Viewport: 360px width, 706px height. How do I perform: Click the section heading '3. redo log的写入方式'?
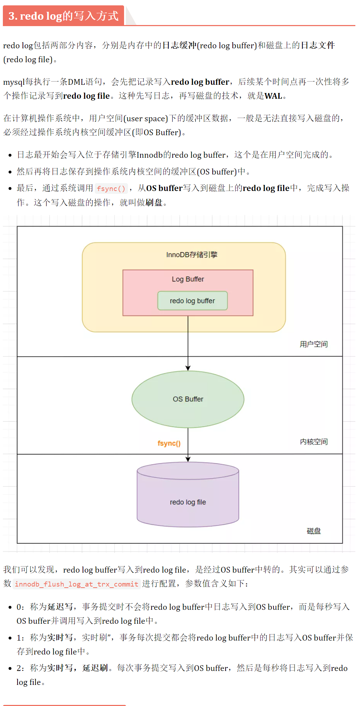[x=63, y=16]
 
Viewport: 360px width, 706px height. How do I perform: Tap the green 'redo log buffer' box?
[x=192, y=301]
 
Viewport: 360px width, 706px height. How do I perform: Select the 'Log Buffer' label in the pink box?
[x=188, y=279]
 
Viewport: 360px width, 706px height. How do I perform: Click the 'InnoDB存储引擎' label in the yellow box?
[x=192, y=255]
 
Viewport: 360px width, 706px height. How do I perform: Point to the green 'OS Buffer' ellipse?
[x=188, y=399]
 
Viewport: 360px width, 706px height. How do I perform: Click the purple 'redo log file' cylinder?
[x=188, y=502]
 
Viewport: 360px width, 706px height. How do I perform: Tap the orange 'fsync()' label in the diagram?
[x=169, y=443]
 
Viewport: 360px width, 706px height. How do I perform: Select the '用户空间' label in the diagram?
[x=314, y=344]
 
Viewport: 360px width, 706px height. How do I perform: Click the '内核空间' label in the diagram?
[x=314, y=442]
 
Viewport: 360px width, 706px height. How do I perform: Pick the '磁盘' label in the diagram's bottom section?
[x=314, y=531]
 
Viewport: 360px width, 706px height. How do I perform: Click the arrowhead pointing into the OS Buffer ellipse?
[x=188, y=368]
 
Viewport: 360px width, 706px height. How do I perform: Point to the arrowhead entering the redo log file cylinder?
[x=188, y=459]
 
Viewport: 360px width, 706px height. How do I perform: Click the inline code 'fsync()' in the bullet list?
[x=111, y=188]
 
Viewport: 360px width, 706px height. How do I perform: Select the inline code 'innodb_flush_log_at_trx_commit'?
[x=77, y=584]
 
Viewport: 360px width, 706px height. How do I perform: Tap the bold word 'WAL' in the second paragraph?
[x=273, y=96]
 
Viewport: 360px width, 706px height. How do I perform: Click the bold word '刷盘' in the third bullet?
[x=154, y=203]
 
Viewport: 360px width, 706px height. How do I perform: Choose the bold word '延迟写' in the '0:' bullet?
[x=60, y=607]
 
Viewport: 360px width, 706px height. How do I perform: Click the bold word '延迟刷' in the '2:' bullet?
[x=95, y=668]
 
